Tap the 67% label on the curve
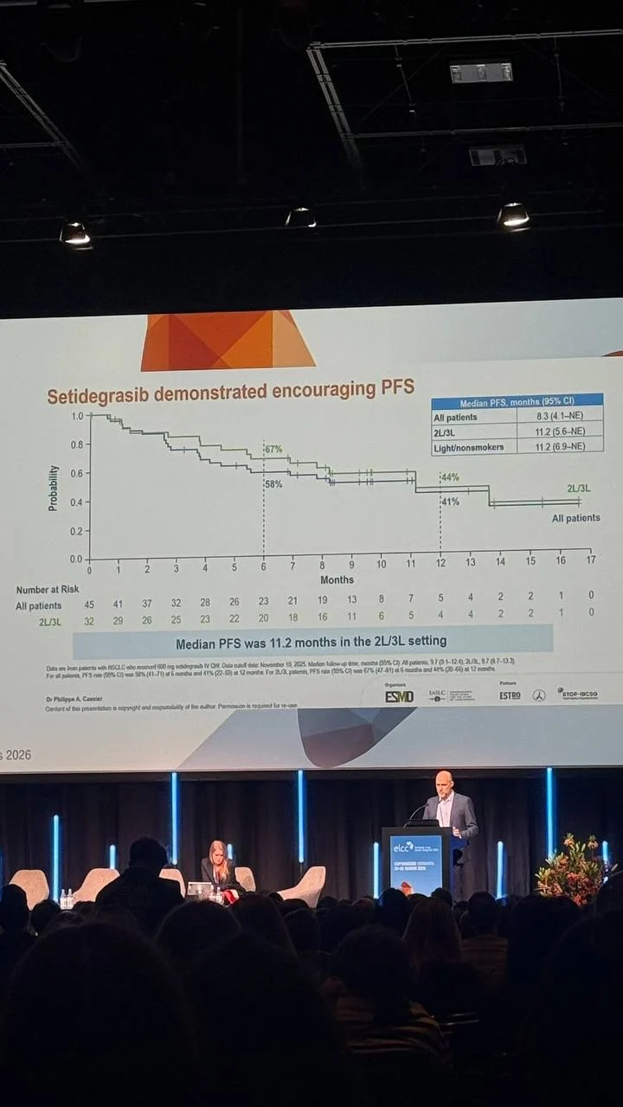tap(273, 449)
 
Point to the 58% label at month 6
tap(273, 484)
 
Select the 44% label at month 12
tap(450, 477)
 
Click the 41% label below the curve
tap(450, 502)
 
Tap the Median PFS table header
tap(517, 402)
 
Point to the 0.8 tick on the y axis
tap(77, 445)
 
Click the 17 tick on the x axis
tap(590, 560)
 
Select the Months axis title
tap(336, 579)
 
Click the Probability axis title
tap(54, 488)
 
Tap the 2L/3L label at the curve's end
tap(579, 489)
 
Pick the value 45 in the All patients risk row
tap(89, 605)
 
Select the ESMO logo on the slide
tap(399, 696)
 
